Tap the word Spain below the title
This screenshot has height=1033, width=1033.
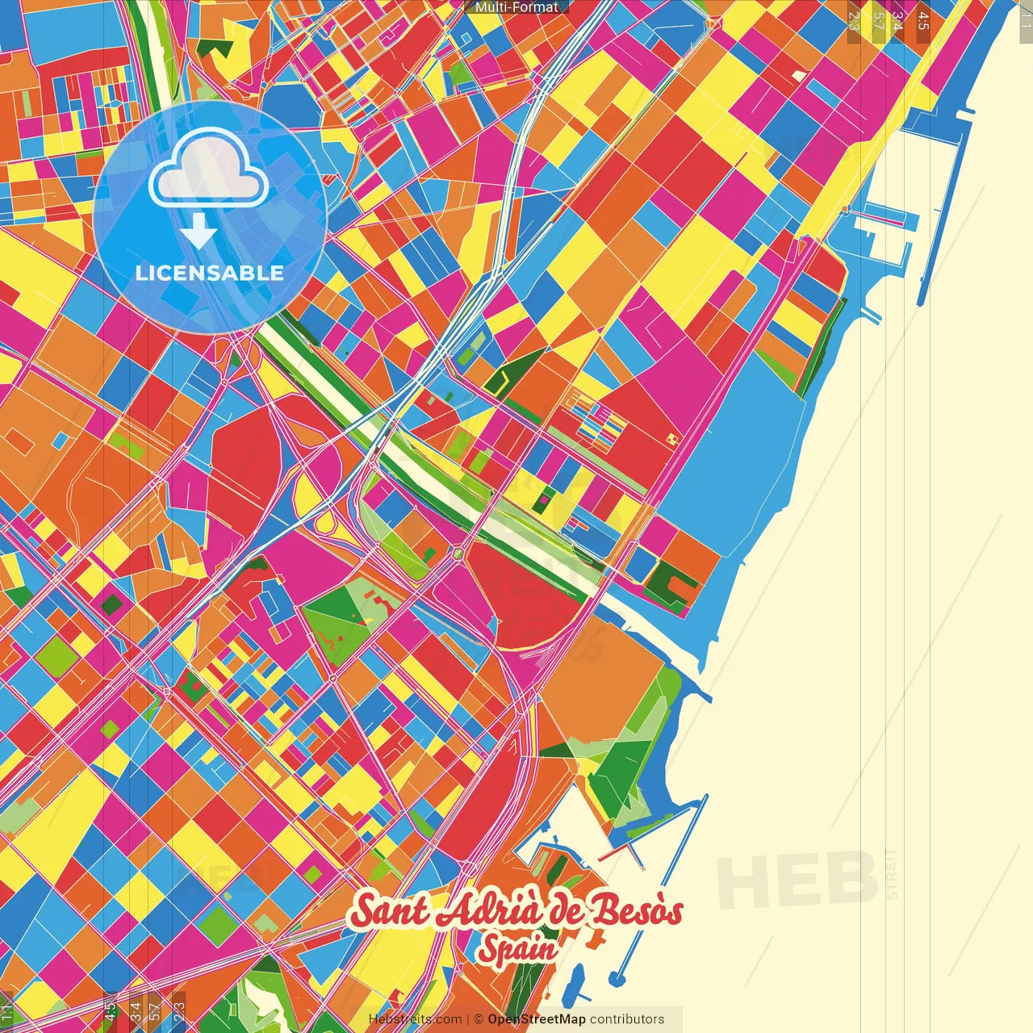[x=516, y=949]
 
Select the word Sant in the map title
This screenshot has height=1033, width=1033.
[x=388, y=912]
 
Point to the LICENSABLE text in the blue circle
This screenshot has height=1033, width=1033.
[x=210, y=273]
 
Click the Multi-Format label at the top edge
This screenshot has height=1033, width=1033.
[x=516, y=7]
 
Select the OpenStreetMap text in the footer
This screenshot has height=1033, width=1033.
[x=536, y=1019]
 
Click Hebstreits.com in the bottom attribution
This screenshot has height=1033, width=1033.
[x=415, y=1019]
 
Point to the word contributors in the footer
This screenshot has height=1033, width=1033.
[x=627, y=1019]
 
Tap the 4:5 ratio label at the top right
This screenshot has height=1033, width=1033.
[x=922, y=20]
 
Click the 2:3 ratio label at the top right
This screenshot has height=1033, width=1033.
[x=853, y=20]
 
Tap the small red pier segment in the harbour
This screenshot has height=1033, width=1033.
[x=613, y=851]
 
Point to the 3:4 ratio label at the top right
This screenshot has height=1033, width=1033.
[x=897, y=20]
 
